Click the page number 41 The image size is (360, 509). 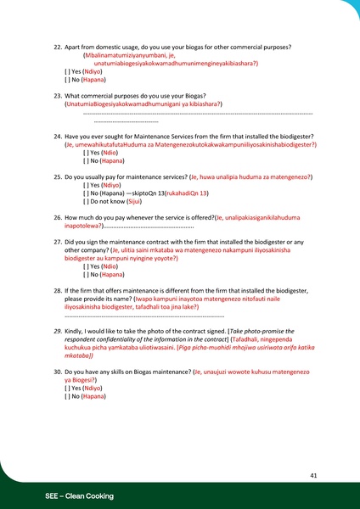313,476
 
